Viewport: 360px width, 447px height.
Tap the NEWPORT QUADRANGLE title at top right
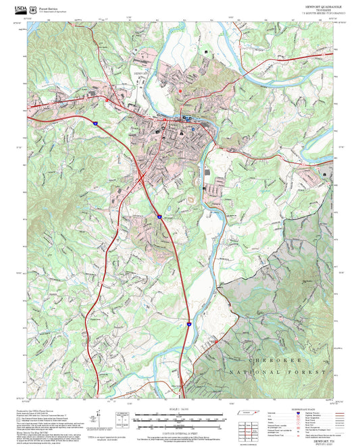pyautogui.click(x=315, y=4)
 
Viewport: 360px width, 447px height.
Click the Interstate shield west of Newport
pyautogui.click(x=96, y=124)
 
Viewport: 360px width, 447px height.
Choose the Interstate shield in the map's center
pyautogui.click(x=159, y=217)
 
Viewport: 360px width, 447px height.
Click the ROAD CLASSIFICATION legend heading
pyautogui.click(x=292, y=410)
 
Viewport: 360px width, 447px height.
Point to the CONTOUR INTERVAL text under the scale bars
pyautogui.click(x=179, y=433)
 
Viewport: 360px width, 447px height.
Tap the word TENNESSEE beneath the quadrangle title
pyautogui.click(x=315, y=9)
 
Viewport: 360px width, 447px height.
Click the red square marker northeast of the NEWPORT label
pyautogui.click(x=180, y=90)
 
